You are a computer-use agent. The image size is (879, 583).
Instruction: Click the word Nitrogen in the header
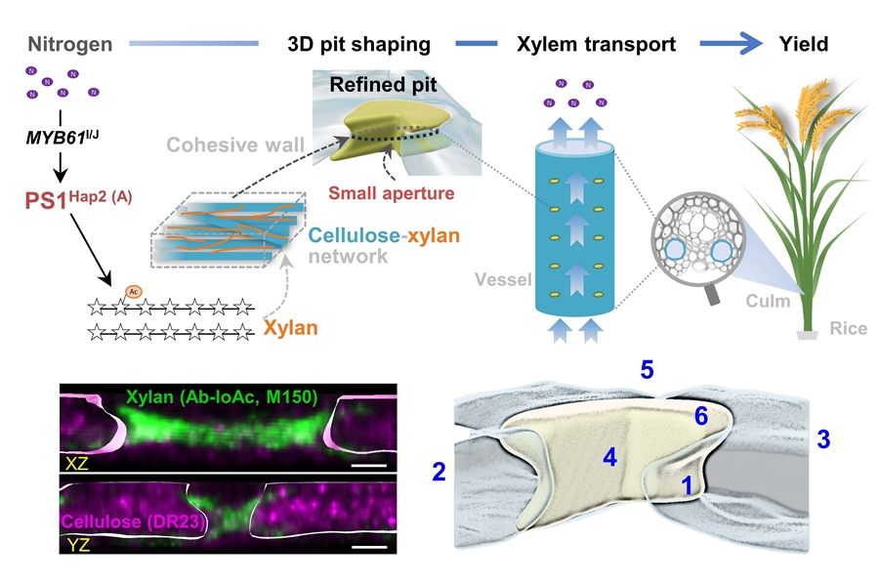click(70, 44)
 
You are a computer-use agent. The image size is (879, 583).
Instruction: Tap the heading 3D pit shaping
click(358, 44)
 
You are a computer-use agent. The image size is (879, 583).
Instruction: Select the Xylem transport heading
click(597, 44)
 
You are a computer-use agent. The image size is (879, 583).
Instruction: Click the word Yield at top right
click(804, 44)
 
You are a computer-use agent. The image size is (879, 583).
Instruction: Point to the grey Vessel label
click(503, 279)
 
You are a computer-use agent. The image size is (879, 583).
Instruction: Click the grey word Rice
click(848, 329)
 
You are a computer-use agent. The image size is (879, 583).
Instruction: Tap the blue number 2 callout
click(439, 473)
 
